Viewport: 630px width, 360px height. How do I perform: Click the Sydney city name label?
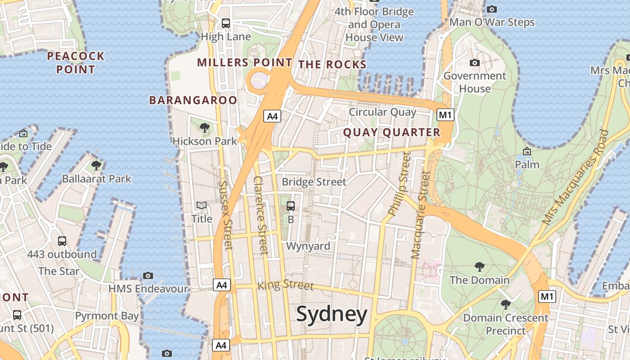tap(332, 314)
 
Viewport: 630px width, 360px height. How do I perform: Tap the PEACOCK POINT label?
tap(76, 63)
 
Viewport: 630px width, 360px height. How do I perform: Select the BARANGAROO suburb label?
tap(193, 100)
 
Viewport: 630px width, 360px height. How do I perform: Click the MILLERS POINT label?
tap(245, 63)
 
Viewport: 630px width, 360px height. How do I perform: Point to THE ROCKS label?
tap(333, 64)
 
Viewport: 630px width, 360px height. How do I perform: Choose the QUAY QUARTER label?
tap(391, 132)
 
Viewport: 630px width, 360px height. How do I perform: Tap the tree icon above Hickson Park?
tap(205, 128)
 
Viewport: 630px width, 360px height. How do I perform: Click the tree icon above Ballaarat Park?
tap(96, 166)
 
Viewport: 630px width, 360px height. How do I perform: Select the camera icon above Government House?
tap(475, 63)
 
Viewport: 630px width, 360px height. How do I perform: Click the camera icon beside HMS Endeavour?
tap(148, 275)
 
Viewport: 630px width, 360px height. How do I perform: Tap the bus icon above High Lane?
tap(226, 23)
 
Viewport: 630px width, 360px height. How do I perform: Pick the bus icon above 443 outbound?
tap(62, 241)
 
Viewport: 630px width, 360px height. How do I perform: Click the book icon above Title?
tap(202, 206)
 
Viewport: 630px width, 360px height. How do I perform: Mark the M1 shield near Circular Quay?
tap(445, 115)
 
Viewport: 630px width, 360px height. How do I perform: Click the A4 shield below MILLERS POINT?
tap(273, 116)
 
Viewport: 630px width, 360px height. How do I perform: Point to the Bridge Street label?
tap(314, 182)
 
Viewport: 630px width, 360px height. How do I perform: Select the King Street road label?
tap(285, 285)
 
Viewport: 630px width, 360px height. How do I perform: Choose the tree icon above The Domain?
tap(480, 267)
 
